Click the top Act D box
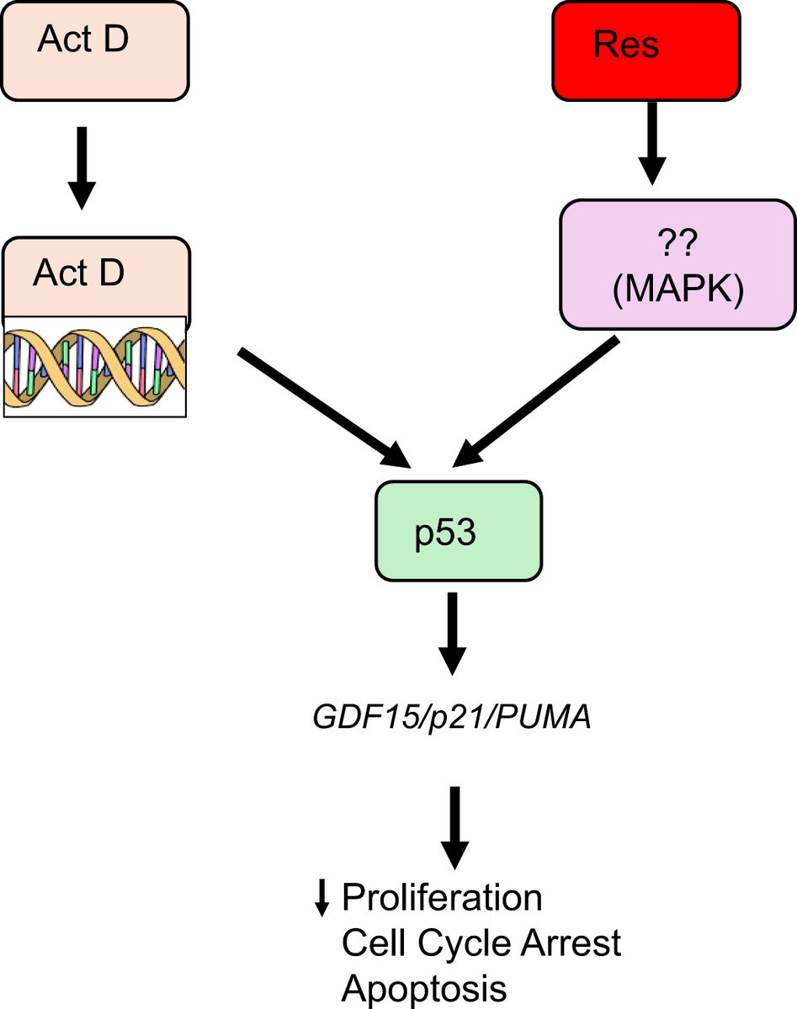(x=94, y=50)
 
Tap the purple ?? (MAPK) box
(x=677, y=265)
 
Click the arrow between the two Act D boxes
(x=81, y=167)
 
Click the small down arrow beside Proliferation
(x=321, y=900)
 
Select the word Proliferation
(x=442, y=900)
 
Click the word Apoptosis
(x=424, y=987)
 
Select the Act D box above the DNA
(x=94, y=278)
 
